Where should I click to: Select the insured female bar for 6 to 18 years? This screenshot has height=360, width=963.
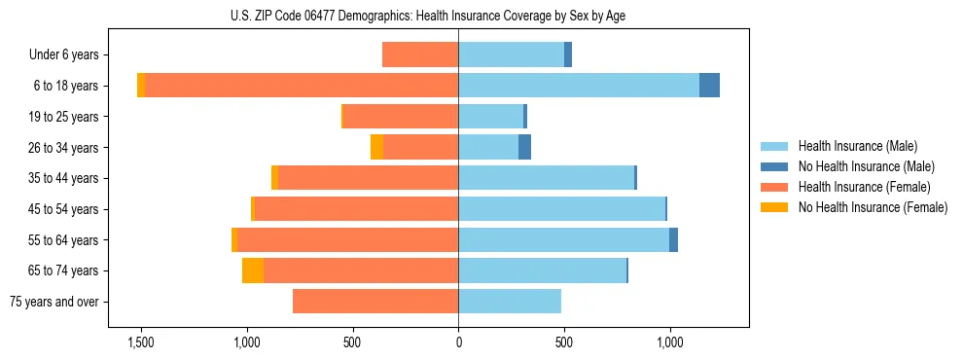pos(302,86)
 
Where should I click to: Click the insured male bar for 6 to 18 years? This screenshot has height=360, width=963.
pos(579,86)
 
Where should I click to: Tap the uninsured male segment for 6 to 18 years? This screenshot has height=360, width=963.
pos(709,86)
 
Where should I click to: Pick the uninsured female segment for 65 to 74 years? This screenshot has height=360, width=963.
pos(253,270)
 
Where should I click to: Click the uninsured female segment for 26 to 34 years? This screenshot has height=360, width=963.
pos(376,147)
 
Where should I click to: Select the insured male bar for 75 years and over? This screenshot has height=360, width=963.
pos(510,302)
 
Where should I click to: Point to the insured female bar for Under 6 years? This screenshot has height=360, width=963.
pos(420,54)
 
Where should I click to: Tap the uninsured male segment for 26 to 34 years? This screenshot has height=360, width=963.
pos(524,147)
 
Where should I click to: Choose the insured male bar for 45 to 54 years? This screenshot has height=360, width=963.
pos(561,209)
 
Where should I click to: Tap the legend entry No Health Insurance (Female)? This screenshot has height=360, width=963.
pos(873,206)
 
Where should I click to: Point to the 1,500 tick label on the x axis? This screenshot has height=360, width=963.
pos(141,342)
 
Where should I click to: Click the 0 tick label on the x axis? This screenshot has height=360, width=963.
pos(458,342)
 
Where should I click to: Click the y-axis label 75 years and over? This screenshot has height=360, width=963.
pos(54,302)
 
